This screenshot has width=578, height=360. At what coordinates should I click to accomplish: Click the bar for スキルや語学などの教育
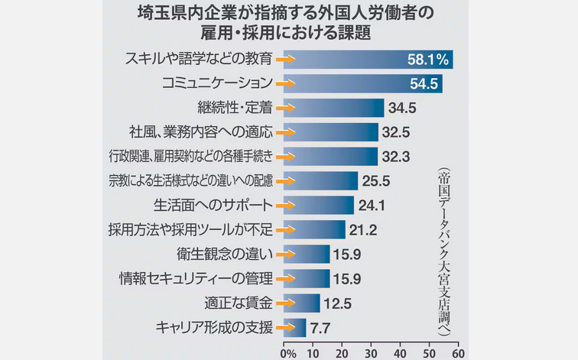(x=367, y=59)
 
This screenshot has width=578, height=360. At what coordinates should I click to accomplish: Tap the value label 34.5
(x=401, y=108)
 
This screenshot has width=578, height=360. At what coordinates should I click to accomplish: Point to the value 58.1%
(x=426, y=59)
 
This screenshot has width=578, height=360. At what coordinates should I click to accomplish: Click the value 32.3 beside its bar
(x=396, y=157)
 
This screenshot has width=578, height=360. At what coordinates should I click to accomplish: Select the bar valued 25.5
(x=321, y=181)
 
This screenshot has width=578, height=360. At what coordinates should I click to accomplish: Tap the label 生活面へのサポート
(x=213, y=205)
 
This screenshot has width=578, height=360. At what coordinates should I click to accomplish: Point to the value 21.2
(x=364, y=229)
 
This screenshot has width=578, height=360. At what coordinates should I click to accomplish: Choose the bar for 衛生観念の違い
(x=307, y=254)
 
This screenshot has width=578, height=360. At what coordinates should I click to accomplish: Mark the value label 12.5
(x=337, y=303)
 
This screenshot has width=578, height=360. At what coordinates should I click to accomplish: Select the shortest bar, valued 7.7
(x=295, y=327)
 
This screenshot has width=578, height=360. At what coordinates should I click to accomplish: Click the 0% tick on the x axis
(x=287, y=353)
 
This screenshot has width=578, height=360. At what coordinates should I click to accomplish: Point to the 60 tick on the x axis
(x=457, y=353)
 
